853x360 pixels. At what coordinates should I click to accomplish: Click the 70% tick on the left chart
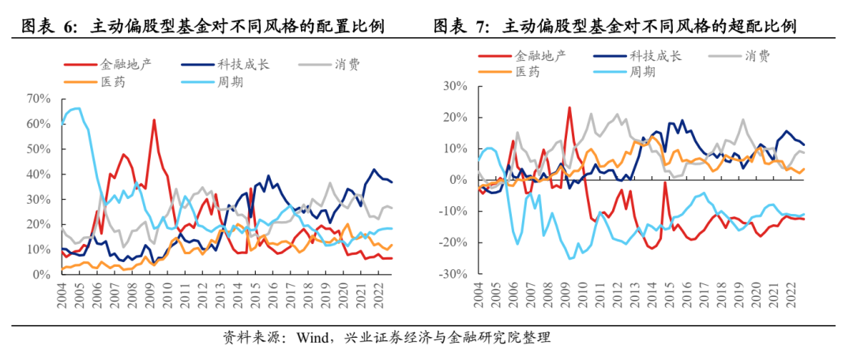[x=38, y=99]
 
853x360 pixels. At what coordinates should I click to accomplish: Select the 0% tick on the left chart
[x=41, y=275]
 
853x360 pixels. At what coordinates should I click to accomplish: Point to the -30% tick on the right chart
[x=453, y=275]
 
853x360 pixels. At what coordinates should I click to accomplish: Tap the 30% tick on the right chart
[x=455, y=85]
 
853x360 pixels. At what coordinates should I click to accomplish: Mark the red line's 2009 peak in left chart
[x=154, y=120]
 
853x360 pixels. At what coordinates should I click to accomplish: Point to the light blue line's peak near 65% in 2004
[x=77, y=108]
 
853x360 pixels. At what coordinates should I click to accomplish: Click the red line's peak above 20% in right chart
[x=569, y=107]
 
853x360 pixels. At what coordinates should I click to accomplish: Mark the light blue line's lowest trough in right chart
[x=570, y=258]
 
